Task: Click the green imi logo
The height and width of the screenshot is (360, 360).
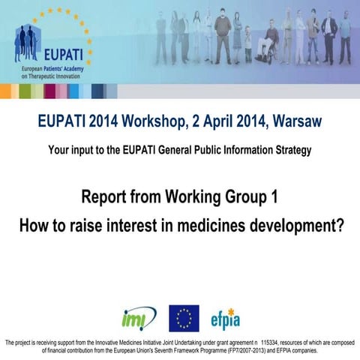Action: [139, 318]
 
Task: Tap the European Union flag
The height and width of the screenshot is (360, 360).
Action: [184, 318]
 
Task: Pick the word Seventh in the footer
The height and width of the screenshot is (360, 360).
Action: [166, 350]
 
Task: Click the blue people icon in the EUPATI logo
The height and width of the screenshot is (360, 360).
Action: [28, 41]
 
